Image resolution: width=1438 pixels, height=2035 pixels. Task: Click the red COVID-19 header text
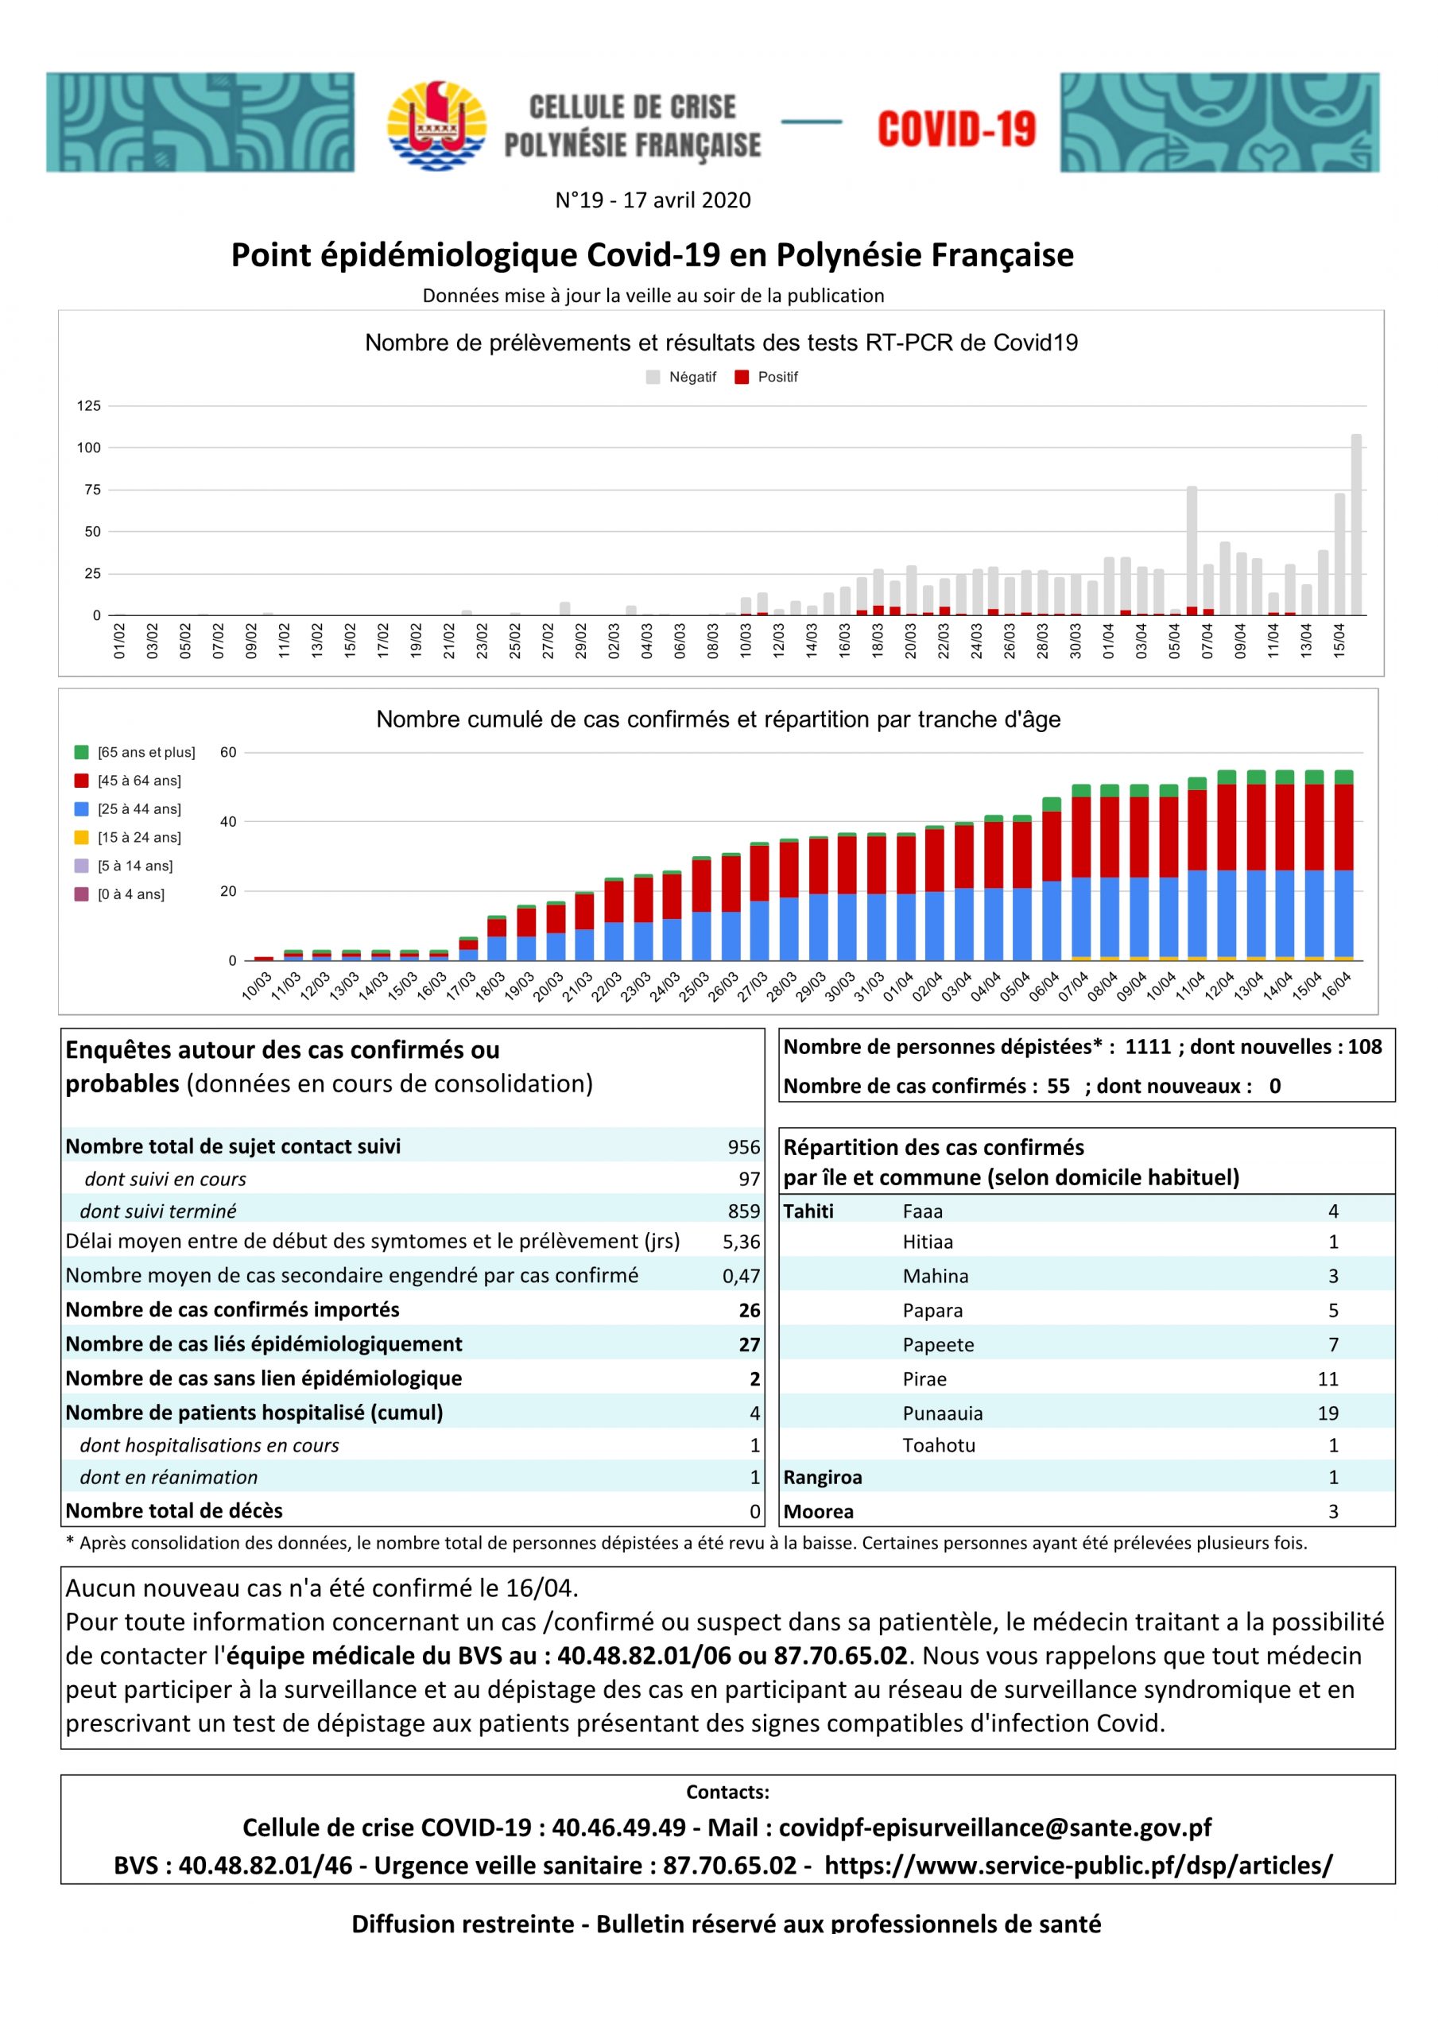955,130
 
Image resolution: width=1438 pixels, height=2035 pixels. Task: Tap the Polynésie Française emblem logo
436,125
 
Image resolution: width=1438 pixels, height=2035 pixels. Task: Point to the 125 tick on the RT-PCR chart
89,406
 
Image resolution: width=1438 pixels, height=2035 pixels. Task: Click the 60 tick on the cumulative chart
228,753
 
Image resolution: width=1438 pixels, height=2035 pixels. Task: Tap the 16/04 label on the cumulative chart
1336,985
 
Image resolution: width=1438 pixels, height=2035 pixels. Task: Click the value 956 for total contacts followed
744,1147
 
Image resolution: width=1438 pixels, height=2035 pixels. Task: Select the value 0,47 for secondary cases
741,1277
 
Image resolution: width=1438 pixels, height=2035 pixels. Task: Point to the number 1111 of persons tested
1148,1047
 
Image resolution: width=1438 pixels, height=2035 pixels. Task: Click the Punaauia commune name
943,1413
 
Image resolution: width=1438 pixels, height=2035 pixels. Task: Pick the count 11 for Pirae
1328,1379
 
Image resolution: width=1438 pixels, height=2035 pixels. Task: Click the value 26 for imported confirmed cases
749,1310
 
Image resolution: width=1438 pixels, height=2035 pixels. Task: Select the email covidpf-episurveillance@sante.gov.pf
994,1828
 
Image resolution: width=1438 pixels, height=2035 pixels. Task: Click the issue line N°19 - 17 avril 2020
653,200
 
